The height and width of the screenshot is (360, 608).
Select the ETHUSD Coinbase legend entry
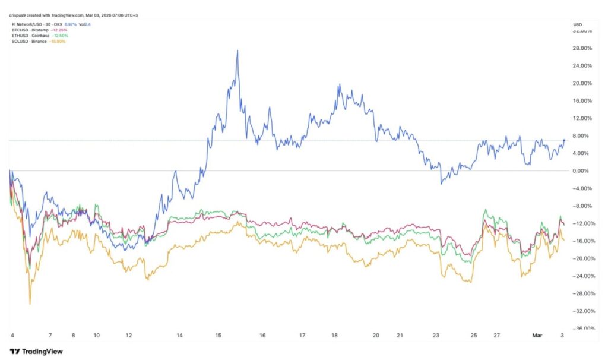pos(29,35)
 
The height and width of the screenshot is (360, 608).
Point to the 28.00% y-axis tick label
pos(583,48)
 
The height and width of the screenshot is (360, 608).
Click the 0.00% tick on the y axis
pos(584,171)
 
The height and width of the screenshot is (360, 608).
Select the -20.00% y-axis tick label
pos(582,258)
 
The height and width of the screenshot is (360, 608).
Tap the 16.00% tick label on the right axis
pos(583,100)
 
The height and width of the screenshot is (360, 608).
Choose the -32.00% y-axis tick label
pos(582,311)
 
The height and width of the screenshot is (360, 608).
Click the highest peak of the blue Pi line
pos(237,50)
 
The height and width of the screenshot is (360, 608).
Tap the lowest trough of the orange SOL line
pos(30,304)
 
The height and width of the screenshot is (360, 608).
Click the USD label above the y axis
pos(577,24)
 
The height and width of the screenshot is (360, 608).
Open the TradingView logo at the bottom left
pos(36,351)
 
